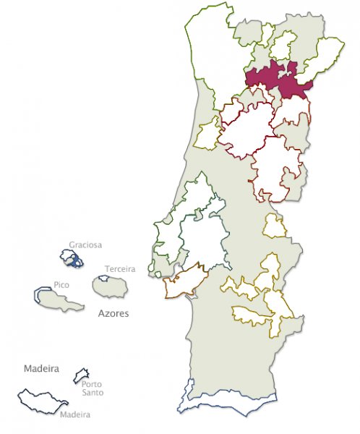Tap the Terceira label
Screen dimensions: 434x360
point(120,268)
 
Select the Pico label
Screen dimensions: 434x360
point(61,285)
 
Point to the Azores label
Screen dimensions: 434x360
point(113,315)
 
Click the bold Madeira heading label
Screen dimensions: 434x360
point(40,368)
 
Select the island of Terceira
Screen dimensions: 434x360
point(111,286)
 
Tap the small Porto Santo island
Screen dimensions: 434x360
point(82,374)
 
